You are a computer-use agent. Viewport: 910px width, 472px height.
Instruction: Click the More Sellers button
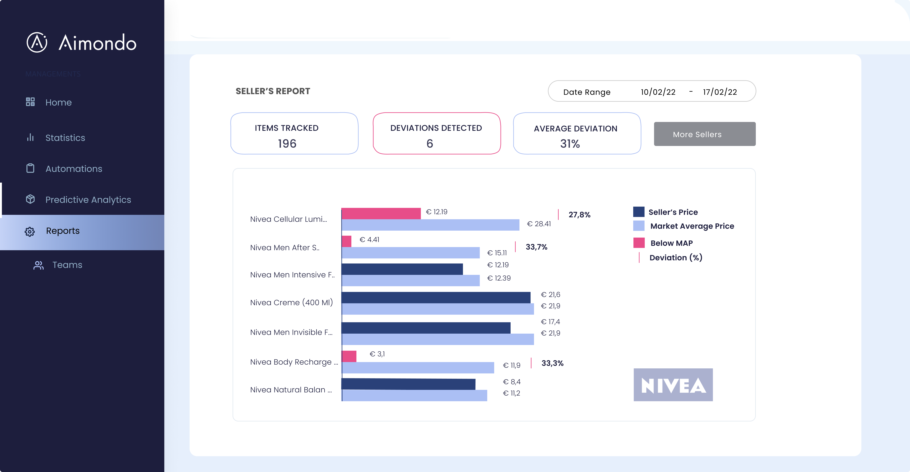[704, 134]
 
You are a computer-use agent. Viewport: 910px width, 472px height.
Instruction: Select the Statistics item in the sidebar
[65, 138]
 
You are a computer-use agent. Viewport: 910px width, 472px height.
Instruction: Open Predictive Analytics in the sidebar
[88, 200]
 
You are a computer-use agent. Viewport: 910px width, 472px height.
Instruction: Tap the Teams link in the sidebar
[67, 265]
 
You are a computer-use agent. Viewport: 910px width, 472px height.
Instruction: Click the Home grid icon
[30, 102]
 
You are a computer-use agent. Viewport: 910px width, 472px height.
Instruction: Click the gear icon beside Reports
[30, 231]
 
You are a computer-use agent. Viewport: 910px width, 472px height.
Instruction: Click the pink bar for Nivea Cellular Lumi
[381, 213]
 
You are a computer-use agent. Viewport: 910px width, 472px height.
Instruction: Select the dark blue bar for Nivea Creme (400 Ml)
[436, 297]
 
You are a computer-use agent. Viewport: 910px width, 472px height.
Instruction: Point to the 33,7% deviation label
[536, 247]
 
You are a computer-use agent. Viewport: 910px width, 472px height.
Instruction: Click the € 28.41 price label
[539, 224]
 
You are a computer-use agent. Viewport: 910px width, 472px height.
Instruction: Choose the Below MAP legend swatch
[639, 243]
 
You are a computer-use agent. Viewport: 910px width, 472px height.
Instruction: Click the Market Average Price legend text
[692, 226]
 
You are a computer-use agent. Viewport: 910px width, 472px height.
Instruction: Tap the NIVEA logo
[673, 385]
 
